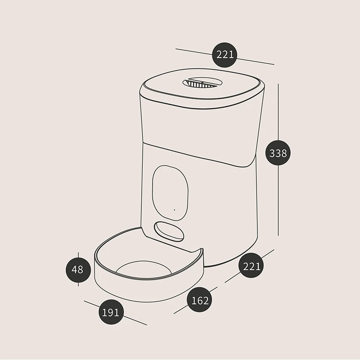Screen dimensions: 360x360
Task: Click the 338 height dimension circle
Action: pos(278,153)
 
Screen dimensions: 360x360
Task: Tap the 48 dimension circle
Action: pos(78,270)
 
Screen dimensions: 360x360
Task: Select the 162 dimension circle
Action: pos(199,300)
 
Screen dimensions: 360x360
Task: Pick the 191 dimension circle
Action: pos(111,312)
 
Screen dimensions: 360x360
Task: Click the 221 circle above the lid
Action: pos(224,55)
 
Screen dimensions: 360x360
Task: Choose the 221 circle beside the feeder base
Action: pos(251,265)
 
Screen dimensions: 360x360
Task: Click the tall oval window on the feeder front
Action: pos(171,193)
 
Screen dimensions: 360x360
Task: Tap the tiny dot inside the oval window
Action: pos(175,210)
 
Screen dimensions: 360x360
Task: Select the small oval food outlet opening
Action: pos(169,231)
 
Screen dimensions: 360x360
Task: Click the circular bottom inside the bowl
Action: pos(144,268)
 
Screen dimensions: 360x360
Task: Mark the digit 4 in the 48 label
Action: pos(74,270)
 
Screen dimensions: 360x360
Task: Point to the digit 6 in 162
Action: pos(199,300)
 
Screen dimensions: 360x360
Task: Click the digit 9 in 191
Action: pos(111,312)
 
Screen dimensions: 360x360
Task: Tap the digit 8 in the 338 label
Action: pos(284,153)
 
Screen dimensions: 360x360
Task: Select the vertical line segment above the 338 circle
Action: pos(278,112)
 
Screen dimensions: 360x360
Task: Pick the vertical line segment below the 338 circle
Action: pos(278,200)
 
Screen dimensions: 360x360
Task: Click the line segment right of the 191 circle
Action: pos(135,320)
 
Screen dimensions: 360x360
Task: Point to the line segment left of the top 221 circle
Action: pos(194,52)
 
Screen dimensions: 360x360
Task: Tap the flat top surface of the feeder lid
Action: pos(202,84)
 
